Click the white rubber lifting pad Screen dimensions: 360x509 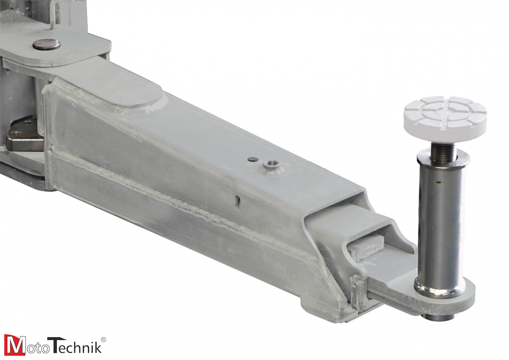click(445, 112)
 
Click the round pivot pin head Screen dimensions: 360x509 click(46, 44)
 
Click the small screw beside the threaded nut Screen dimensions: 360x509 click(253, 159)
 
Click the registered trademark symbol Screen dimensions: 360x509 click(103, 339)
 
